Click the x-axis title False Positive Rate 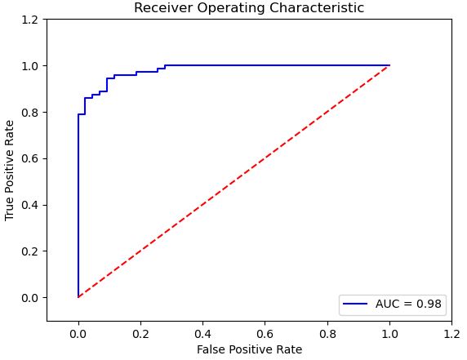tap(249, 349)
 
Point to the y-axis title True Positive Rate tap(10, 170)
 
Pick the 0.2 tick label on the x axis tap(140, 333)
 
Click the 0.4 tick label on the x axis tap(202, 333)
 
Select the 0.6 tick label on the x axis tap(265, 333)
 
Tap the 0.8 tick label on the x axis tap(327, 333)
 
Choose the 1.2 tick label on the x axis tap(451, 333)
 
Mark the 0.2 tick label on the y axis tap(29, 251)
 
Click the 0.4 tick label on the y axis tap(29, 204)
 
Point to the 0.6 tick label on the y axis tap(29, 158)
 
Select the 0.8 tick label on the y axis tap(29, 112)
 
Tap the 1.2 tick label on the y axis tap(29, 20)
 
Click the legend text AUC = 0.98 tap(408, 304)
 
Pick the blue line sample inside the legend tap(355, 304)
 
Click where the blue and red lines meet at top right tap(389, 65)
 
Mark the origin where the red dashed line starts tap(78, 297)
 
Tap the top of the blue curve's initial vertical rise tap(78, 114)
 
